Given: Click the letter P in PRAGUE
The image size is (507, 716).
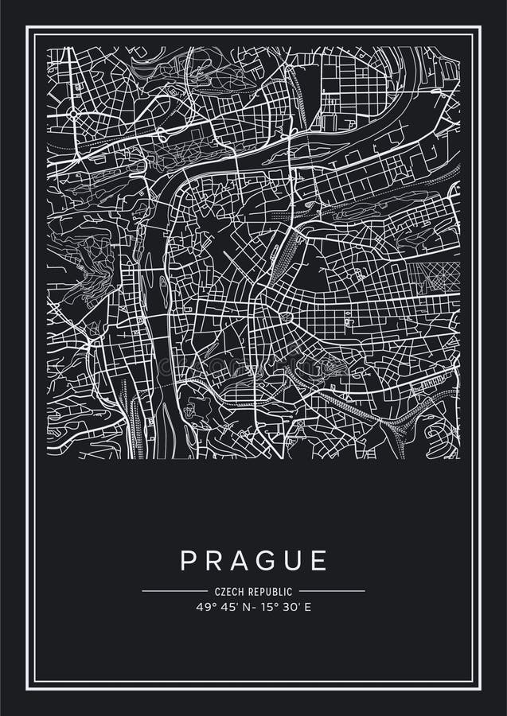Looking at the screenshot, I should tap(189, 560).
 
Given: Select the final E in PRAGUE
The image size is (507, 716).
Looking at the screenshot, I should tap(319, 560).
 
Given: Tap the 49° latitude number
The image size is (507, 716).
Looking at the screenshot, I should tap(203, 606).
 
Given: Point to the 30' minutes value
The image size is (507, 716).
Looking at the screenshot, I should tap(289, 606).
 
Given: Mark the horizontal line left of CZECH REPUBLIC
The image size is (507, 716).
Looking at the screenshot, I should tap(174, 591).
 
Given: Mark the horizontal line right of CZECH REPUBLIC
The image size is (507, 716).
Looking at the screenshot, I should tap(332, 591).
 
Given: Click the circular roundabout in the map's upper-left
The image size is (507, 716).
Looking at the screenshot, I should tap(73, 114).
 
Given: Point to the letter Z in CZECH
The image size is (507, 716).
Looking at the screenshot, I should tap(223, 592).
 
